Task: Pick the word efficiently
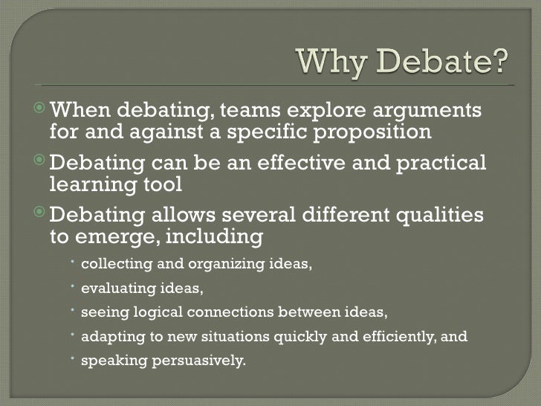(398, 336)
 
